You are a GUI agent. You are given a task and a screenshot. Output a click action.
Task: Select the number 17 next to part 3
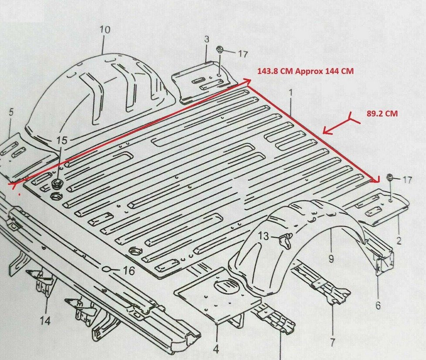click(242, 54)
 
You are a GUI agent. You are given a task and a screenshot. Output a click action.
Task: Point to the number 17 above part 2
click(408, 180)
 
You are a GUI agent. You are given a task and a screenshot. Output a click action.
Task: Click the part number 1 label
click(291, 92)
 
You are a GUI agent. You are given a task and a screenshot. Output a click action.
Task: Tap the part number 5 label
click(11, 112)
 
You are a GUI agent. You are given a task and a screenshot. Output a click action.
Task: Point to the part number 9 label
click(331, 259)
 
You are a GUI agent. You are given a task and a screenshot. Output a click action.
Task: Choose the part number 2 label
click(399, 241)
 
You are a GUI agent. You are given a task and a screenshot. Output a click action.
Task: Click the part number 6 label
click(378, 306)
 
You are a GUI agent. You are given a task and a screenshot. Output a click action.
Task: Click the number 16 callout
click(128, 271)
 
